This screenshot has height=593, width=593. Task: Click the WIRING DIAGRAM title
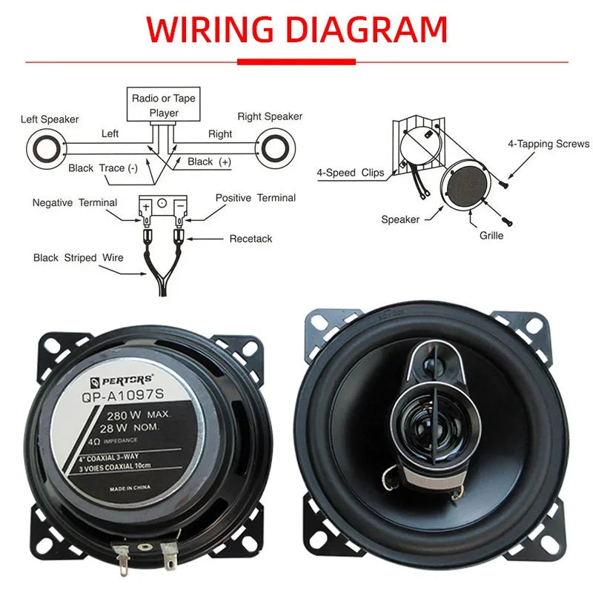click(296, 30)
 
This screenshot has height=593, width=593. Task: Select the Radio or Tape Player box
click(164, 105)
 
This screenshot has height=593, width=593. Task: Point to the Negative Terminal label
click(75, 203)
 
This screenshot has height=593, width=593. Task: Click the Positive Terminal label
click(255, 198)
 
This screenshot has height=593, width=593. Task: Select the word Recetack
click(251, 239)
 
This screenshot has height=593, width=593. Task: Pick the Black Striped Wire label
click(79, 258)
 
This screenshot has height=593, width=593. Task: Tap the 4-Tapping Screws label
click(549, 144)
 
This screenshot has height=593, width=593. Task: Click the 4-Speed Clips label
click(351, 173)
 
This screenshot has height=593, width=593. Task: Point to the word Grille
click(491, 236)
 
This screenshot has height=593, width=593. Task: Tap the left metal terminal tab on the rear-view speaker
click(122, 554)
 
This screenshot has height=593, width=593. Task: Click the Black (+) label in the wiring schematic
click(209, 162)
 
